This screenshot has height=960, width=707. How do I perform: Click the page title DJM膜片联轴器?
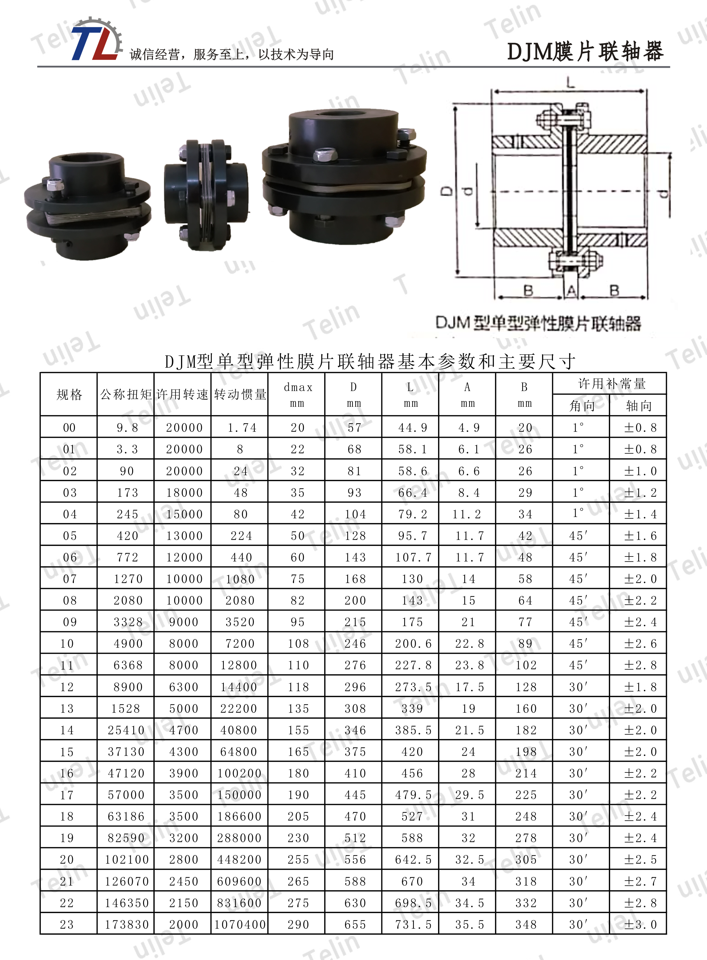click(x=585, y=52)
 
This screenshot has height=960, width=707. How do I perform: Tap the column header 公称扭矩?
click(x=126, y=394)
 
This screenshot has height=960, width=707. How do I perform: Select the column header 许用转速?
click(x=183, y=394)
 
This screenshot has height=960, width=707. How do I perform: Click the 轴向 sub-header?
click(x=639, y=405)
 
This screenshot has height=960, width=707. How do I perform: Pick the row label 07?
click(x=70, y=579)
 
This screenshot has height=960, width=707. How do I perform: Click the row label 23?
click(x=67, y=924)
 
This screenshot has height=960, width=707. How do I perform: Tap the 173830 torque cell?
click(x=127, y=924)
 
